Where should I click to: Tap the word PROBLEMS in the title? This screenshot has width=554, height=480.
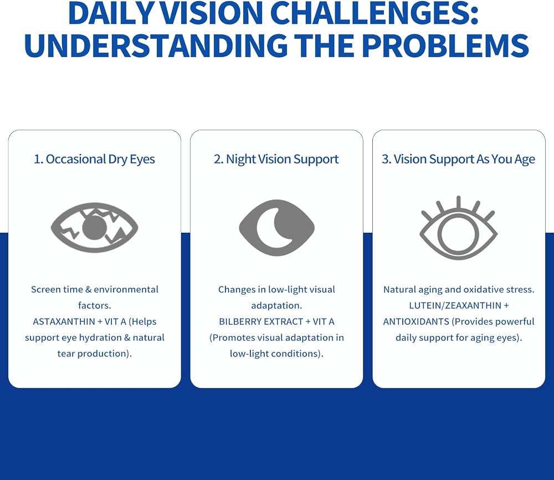pos(445,45)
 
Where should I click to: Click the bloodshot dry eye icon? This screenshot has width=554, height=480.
pos(94,228)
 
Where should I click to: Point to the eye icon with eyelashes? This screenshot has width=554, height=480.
pos(458,228)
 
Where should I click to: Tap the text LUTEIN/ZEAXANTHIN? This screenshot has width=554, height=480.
pos(455,305)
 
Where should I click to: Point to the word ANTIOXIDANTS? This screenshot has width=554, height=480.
pos(416,321)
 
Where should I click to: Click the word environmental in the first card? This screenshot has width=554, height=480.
pos(126,289)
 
